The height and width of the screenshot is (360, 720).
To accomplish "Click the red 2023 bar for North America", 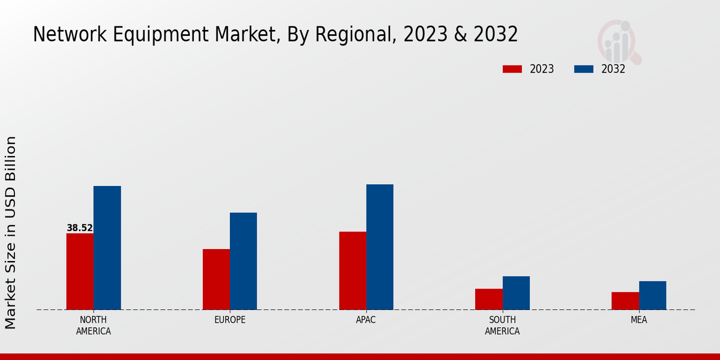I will [x=80, y=271].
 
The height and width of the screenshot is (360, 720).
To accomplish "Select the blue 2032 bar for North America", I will [x=107, y=248].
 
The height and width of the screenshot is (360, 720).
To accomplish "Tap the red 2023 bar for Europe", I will [x=216, y=279].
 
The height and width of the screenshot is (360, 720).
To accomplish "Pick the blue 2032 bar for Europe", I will [x=243, y=261].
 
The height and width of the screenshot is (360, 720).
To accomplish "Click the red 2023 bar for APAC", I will [x=352, y=271].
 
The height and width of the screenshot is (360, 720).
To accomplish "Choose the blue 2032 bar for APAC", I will [x=380, y=247].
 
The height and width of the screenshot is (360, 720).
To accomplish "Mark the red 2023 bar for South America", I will [x=489, y=299].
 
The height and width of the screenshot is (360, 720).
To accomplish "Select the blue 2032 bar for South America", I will [x=516, y=293].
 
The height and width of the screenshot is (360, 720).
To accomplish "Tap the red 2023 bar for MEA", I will [x=625, y=301].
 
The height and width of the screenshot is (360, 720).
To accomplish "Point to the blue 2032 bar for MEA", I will [x=652, y=295].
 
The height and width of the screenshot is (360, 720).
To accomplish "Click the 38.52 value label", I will [x=80, y=228].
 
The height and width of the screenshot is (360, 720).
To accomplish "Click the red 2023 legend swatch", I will [x=512, y=69].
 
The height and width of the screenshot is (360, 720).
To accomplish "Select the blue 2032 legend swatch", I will [x=583, y=69].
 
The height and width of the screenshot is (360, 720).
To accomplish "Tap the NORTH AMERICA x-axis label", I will [x=94, y=325].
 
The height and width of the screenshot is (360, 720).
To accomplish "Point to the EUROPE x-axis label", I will [x=230, y=320].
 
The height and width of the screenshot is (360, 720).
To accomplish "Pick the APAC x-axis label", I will [x=366, y=320].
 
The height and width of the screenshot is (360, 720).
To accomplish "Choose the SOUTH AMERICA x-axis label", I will [x=502, y=325].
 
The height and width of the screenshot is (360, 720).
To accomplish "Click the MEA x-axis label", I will [x=638, y=320].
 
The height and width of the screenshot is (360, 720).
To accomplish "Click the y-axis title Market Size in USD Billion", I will [x=11, y=232].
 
